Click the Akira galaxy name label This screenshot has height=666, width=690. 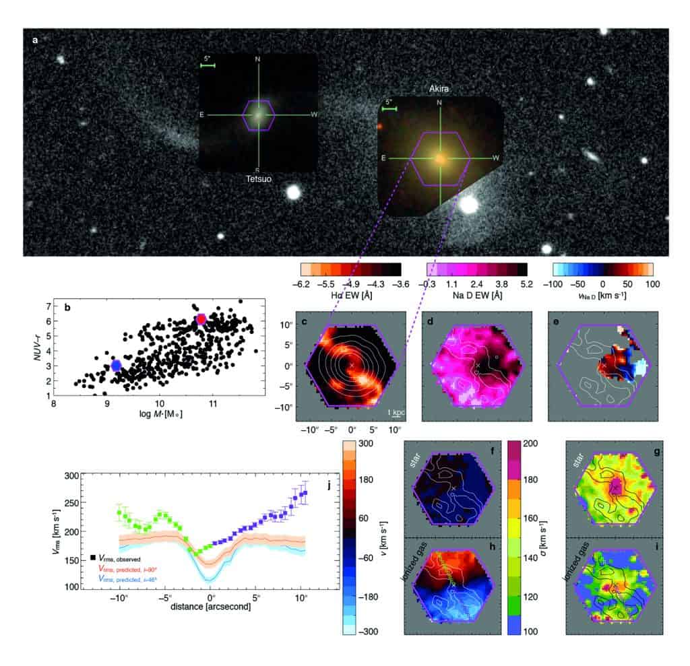(x=439, y=88)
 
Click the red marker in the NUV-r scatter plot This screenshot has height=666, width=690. (x=200, y=319)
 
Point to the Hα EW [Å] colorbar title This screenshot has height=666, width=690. (x=349, y=296)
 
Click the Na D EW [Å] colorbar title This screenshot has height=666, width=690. (x=476, y=296)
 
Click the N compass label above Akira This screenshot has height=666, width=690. (x=440, y=102)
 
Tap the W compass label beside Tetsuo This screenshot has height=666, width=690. (x=314, y=114)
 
